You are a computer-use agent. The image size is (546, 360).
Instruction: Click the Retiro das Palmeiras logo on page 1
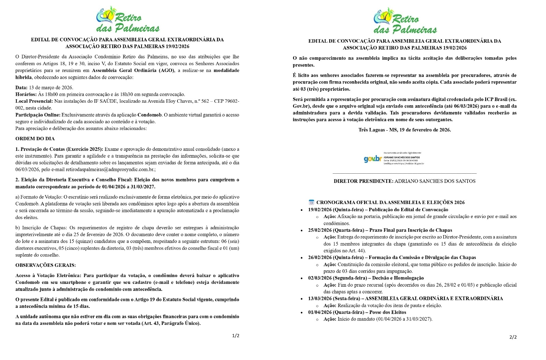coord(127,19)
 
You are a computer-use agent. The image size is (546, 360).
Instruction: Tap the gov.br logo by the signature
coord(372,159)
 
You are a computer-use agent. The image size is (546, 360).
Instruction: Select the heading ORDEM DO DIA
coord(35,139)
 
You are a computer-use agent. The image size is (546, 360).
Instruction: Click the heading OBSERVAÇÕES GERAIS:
coord(46,265)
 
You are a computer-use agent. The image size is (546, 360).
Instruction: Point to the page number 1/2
coord(235,336)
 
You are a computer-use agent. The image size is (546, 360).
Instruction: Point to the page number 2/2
coord(513,337)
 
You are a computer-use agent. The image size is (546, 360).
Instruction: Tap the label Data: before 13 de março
coord(21,88)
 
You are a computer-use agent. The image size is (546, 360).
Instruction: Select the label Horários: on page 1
coord(26,95)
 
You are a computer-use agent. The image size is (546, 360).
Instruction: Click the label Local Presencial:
coord(34,101)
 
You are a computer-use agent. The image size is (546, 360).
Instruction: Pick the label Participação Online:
coord(38,115)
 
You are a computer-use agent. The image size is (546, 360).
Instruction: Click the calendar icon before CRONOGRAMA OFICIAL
coord(311,202)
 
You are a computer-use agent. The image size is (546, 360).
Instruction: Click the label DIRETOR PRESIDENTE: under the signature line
coord(363,181)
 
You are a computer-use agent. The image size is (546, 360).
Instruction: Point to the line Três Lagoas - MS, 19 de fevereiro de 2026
coord(405,130)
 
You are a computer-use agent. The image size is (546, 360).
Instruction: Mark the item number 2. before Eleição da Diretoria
coord(17,180)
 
